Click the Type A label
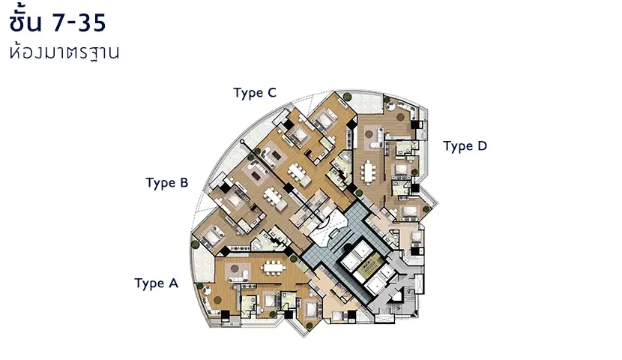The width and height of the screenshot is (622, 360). [x=157, y=283]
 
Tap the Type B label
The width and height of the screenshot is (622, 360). [x=167, y=182]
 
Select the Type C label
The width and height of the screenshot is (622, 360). [x=255, y=93]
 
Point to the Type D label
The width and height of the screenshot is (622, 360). [x=465, y=146]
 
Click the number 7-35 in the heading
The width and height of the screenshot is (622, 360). [x=79, y=22]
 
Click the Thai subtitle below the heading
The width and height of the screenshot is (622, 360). [x=64, y=52]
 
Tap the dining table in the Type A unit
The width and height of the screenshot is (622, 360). [x=274, y=268]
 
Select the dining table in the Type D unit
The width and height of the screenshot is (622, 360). [x=368, y=172]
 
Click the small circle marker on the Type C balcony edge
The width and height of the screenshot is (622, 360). [x=242, y=141]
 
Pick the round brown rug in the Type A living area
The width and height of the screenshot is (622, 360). [x=235, y=268]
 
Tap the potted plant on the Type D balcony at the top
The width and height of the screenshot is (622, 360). [x=348, y=96]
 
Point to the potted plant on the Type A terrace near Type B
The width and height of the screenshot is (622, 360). [x=195, y=244]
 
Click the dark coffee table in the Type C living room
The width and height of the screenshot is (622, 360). [x=276, y=154]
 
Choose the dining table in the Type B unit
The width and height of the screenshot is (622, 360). [x=273, y=196]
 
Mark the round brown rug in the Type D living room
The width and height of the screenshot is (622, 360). [x=401, y=118]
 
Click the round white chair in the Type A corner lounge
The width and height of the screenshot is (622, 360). [x=207, y=290]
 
